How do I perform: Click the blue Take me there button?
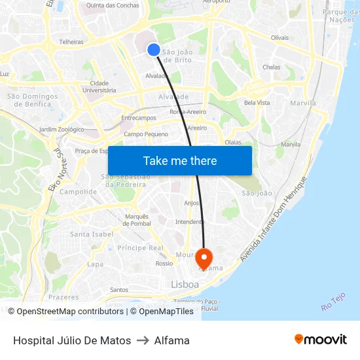click(180, 160)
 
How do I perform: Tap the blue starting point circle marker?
click(154, 50)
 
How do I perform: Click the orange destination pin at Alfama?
click(204, 258)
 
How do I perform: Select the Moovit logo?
click(321, 340)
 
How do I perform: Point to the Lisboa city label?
click(185, 285)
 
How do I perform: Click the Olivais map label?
click(279, 37)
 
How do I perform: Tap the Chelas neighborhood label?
click(271, 67)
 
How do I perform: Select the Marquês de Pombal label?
click(137, 219)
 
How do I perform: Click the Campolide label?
click(78, 192)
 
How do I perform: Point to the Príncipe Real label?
click(140, 248)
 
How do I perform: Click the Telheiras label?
click(71, 41)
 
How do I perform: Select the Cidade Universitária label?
click(99, 86)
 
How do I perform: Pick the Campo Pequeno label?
click(146, 134)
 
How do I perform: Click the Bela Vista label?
click(257, 103)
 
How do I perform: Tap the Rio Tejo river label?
click(333, 301)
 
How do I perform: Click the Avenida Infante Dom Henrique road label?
click(273, 219)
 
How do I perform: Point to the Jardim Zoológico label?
click(62, 130)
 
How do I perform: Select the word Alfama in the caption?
click(172, 340)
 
